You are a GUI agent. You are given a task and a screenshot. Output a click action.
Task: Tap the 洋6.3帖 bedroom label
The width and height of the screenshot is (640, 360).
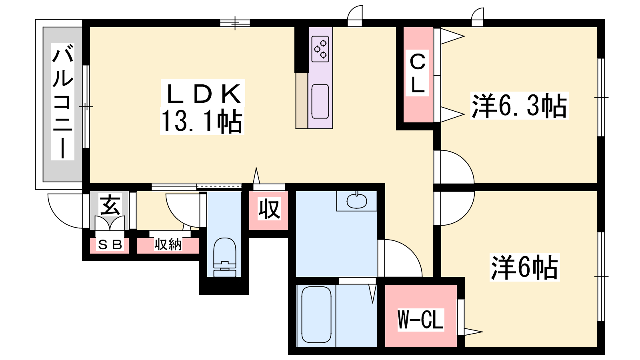pyautogui.click(x=520, y=106)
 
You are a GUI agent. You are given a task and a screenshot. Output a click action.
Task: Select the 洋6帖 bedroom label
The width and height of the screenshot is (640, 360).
pyautogui.click(x=524, y=268)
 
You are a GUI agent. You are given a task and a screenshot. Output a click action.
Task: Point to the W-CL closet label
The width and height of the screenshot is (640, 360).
pyautogui.click(x=420, y=320)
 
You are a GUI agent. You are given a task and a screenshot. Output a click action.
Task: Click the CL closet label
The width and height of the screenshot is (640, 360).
pyautogui.click(x=418, y=73)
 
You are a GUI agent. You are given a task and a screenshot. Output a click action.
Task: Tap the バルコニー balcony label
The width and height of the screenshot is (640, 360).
pyautogui.click(x=62, y=102)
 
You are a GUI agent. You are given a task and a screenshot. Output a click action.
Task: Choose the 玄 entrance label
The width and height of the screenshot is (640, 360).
pyautogui.click(x=110, y=205)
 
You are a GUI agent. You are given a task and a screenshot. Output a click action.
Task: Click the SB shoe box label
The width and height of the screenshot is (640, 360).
pyautogui.click(x=110, y=245)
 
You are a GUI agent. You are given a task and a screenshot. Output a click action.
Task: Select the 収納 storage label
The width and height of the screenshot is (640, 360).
pyautogui.click(x=168, y=244)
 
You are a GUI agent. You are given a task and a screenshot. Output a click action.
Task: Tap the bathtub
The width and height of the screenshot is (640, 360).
pyautogui.click(x=316, y=314)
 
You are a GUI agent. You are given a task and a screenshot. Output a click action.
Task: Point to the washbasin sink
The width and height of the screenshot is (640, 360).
pyautogui.click(x=356, y=201)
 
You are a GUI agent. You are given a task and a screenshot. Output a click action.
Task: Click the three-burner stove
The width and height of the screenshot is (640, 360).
pyautogui.click(x=320, y=49)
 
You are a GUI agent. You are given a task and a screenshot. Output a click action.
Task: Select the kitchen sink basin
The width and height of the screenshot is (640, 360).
pyautogui.click(x=320, y=102)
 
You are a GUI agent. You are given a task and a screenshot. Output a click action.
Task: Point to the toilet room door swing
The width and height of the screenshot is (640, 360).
pyautogui.click(x=175, y=217)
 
